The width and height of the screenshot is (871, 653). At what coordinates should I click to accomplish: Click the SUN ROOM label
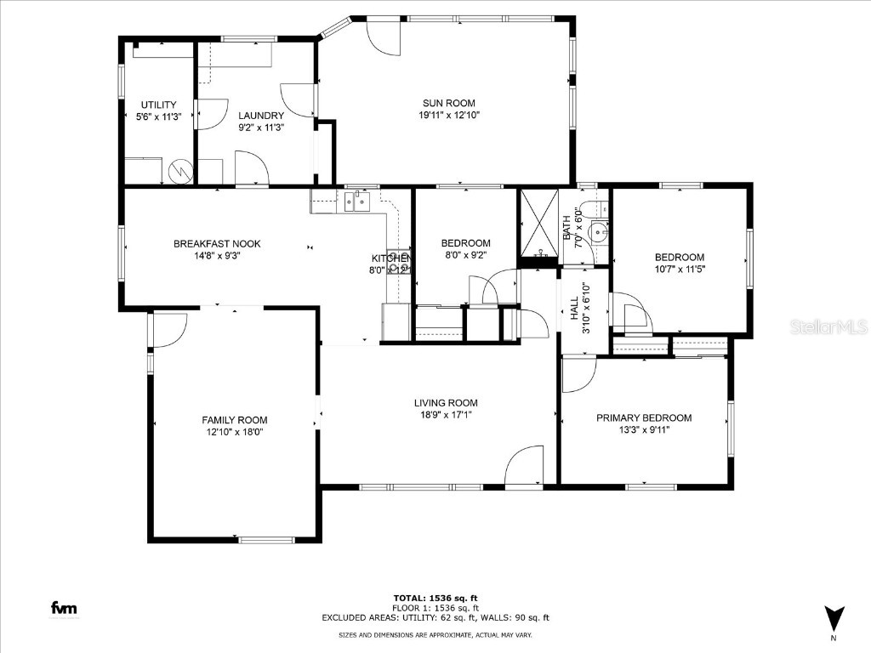point(448,103)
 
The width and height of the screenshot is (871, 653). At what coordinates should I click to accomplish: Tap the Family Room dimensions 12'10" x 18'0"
point(234,432)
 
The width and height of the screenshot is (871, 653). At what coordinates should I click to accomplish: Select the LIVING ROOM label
point(446,403)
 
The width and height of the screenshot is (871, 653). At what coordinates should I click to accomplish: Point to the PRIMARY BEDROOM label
point(643,417)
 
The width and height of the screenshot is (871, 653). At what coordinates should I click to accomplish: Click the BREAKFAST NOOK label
point(217,244)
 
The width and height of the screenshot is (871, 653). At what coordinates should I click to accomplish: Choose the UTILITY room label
point(158,105)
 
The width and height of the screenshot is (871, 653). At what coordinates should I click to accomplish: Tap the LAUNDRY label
point(260,116)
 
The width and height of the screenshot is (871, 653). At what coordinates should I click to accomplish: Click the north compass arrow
point(834,617)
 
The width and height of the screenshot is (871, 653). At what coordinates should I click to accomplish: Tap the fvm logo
point(63,608)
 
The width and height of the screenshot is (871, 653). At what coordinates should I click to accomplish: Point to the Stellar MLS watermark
point(828,326)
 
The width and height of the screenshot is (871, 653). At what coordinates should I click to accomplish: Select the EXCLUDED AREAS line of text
point(435,618)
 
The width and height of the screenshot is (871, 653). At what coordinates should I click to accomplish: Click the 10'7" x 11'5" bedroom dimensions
point(679,269)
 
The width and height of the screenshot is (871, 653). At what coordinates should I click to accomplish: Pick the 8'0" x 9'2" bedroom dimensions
point(465,253)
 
